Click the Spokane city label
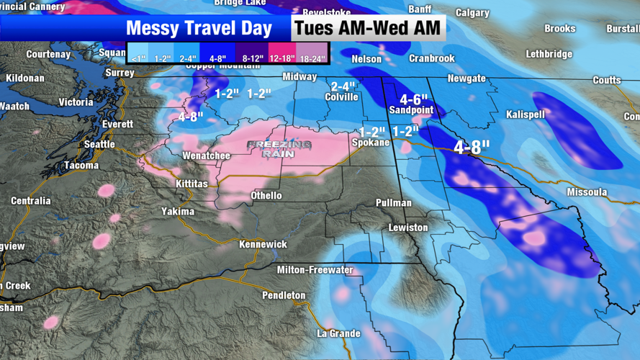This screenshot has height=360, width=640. [x=370, y=143]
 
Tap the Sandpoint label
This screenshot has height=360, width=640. [x=411, y=110]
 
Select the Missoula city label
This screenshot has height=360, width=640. [x=587, y=192]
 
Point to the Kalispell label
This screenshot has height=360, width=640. [x=525, y=114]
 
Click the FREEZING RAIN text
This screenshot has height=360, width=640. [x=279, y=149]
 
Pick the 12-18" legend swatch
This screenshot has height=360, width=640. [x=281, y=58]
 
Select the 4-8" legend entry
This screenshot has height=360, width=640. [x=218, y=58]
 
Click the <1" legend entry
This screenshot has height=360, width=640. [x=138, y=58]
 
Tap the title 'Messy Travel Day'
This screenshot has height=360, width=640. [x=199, y=29]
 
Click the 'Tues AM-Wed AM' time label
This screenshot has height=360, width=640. [x=367, y=29]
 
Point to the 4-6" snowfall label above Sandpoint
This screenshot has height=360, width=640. [x=413, y=99]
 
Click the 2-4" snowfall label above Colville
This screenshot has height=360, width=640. [x=343, y=86]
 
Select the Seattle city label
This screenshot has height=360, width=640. [x=99, y=144]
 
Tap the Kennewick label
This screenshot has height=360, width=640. [x=263, y=244]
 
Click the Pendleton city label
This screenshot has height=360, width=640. [x=284, y=295]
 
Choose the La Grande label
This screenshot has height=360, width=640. [x=339, y=333]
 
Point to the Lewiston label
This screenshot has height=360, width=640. [x=408, y=228]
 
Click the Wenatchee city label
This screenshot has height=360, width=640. [x=207, y=156]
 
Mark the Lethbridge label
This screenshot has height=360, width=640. [x=549, y=54]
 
